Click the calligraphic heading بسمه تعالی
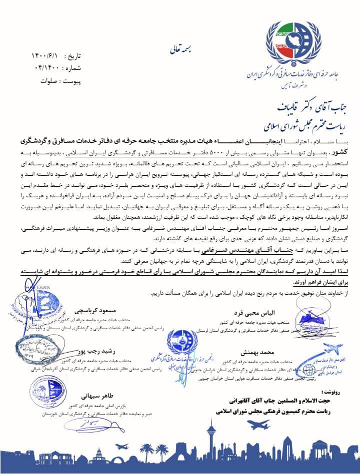(176, 50)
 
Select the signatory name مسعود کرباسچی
(91, 306)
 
